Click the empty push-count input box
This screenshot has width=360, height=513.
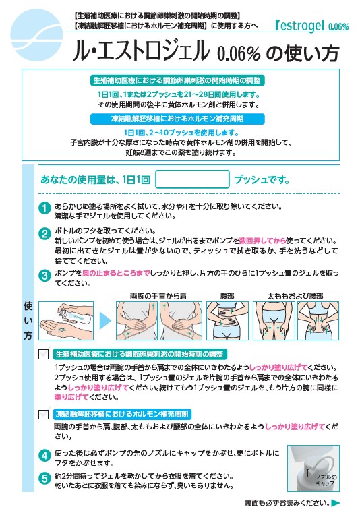pos(192,179)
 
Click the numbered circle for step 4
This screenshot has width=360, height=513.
pos(44,456)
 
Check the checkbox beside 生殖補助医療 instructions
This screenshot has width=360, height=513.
pos(44,354)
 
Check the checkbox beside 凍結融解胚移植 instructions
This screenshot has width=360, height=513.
pos(44,414)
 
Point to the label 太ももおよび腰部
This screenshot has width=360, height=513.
pos(295,295)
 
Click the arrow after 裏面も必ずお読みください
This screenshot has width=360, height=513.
pos(336,503)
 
